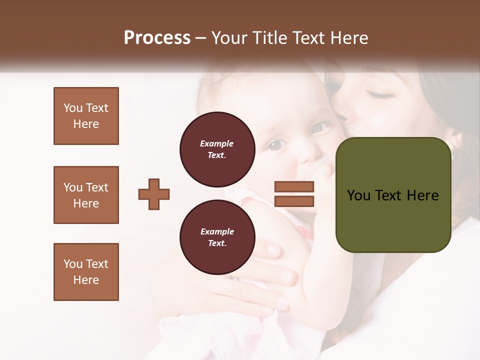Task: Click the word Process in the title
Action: (157, 38)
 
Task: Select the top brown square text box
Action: (86, 116)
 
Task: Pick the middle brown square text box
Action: (86, 195)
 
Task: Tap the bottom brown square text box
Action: (86, 272)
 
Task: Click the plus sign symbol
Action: (154, 194)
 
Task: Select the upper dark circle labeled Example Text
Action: (217, 149)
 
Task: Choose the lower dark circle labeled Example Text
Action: (217, 237)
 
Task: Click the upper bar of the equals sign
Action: (294, 187)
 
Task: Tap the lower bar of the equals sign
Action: (294, 201)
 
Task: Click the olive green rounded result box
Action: (393, 195)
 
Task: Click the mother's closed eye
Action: (380, 93)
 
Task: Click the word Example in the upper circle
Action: (217, 144)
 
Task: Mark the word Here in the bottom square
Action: (86, 280)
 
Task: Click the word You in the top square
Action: (72, 108)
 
